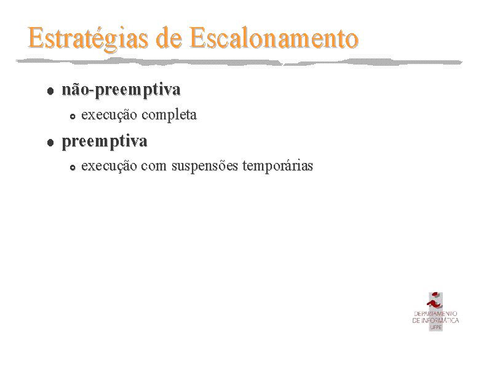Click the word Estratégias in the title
[x=87, y=38]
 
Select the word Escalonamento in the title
[x=274, y=38]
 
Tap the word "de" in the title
[x=169, y=38]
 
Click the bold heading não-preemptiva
[x=121, y=90]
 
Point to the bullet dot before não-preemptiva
[x=50, y=91]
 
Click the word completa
[x=169, y=115]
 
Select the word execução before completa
[x=109, y=115]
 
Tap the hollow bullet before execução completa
[x=73, y=116]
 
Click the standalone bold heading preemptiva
[x=105, y=141]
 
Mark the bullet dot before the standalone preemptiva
[x=50, y=143]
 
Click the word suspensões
[x=205, y=165]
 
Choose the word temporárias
[x=278, y=165]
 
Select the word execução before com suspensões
[x=109, y=166]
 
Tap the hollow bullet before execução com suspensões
[x=73, y=167]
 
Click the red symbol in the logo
[x=435, y=301]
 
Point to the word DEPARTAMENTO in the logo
[x=435, y=314]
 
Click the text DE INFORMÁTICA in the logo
[x=435, y=320]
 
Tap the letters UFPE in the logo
[x=436, y=327]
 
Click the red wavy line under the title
[x=239, y=61]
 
